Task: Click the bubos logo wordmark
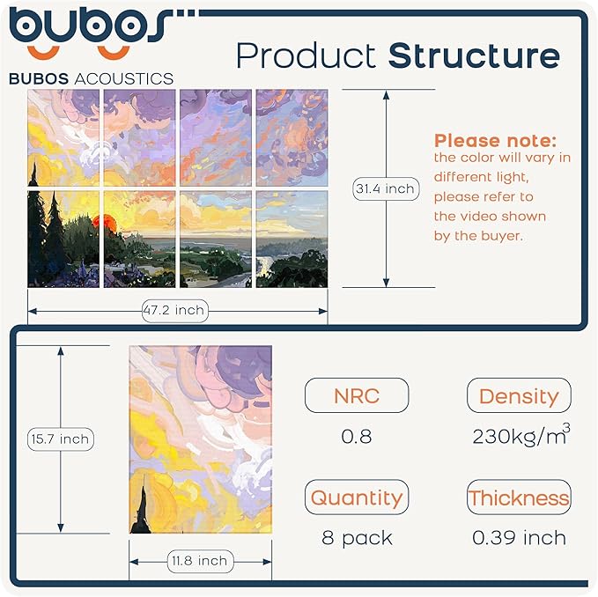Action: coord(88,26)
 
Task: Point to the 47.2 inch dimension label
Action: coord(173,309)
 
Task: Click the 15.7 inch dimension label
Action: coord(60,439)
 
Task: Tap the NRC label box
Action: coord(356,395)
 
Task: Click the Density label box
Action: coord(519,395)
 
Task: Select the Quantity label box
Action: coord(356,497)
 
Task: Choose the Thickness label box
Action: coord(519,497)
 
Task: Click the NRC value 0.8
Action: coord(356,436)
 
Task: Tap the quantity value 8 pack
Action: coord(357,537)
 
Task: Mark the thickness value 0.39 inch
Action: coord(519,537)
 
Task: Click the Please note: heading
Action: coord(495,140)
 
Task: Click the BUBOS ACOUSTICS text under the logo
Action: coord(91,78)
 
